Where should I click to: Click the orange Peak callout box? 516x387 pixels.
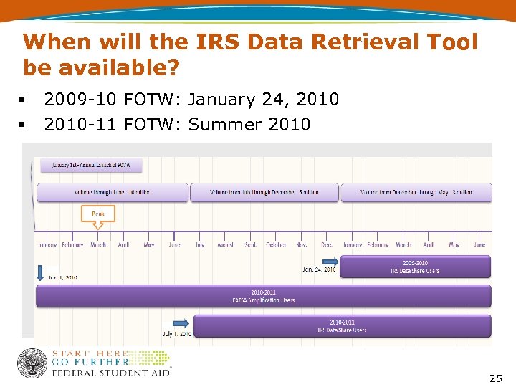[97, 214]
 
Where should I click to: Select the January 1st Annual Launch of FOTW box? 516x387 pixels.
[91, 165]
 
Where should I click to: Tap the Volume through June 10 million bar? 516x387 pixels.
[112, 192]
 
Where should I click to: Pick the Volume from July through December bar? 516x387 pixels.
[264, 192]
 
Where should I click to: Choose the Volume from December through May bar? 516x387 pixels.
[416, 192]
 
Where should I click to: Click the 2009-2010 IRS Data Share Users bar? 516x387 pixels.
[415, 267]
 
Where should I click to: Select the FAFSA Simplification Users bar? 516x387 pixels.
[263, 296]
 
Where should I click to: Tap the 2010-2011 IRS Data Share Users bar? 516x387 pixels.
[342, 326]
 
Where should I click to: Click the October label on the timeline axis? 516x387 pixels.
[276, 245]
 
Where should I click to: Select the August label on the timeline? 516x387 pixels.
[225, 245]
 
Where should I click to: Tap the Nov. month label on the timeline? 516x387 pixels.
[302, 245]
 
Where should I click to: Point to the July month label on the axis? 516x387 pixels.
[200, 245]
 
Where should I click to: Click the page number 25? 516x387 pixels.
[495, 378]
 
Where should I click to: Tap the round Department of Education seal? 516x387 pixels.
[32, 363]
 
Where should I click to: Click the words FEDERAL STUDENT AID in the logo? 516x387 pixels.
[110, 373]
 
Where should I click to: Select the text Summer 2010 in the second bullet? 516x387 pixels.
[249, 125]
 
